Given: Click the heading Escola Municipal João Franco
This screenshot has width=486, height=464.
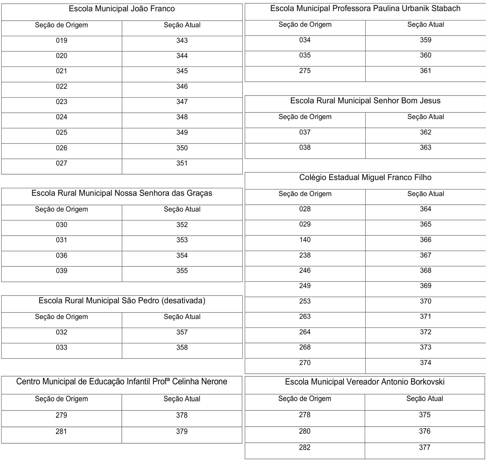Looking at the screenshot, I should (122, 9).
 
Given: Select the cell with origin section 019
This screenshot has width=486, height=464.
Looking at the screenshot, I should (61, 40).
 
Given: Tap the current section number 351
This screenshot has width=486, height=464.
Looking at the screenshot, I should (182, 163).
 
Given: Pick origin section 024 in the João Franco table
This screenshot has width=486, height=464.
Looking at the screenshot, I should (61, 117).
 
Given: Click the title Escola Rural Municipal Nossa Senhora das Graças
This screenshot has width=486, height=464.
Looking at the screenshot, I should (122, 193).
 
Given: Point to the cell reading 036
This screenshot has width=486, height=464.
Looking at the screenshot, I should (61, 256).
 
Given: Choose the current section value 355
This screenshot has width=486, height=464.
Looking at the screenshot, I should (182, 271).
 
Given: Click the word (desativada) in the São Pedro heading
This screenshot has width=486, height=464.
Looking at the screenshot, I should (183, 301).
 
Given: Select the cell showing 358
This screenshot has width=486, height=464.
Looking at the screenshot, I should (182, 348).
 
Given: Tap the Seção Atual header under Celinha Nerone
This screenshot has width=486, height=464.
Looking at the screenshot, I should (182, 399).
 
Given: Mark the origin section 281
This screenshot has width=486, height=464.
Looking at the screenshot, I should (61, 431).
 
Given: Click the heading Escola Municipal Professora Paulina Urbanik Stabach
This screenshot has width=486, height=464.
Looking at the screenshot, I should (365, 9).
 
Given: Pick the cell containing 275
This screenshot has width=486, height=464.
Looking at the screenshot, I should (305, 71).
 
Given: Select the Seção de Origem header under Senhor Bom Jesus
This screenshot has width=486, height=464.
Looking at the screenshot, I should (305, 117).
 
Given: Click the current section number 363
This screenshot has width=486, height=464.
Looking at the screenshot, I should (425, 147).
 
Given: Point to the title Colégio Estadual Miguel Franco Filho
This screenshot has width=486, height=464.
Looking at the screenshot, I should (365, 178).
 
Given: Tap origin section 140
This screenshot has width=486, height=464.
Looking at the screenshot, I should (305, 240).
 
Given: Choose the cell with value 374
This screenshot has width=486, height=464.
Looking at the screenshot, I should (425, 363).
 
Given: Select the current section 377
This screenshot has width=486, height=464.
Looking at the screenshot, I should (424, 448).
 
